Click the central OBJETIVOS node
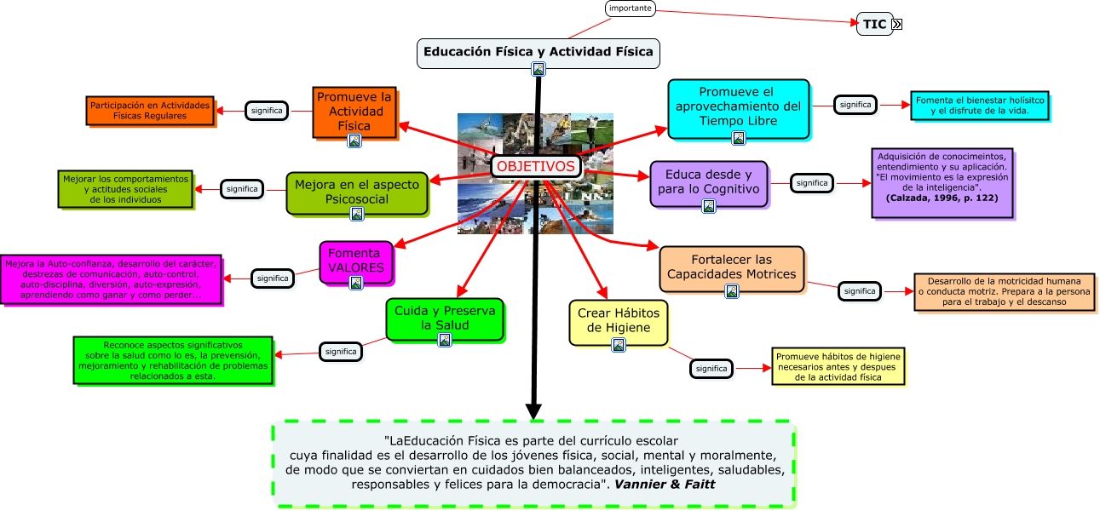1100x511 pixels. (536, 166)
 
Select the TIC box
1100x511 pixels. (874, 24)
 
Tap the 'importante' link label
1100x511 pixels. (631, 9)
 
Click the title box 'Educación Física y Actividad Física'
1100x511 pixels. (538, 51)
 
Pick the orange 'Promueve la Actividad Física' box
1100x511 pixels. (354, 111)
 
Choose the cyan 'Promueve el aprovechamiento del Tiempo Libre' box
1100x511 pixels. (738, 106)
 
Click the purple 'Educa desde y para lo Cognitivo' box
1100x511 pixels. (708, 181)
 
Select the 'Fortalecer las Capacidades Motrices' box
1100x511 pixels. (731, 267)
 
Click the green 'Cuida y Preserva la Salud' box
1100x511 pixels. (444, 318)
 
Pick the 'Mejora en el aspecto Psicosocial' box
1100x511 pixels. (356, 192)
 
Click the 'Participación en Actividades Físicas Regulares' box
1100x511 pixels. (150, 110)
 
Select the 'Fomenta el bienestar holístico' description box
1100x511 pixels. (979, 105)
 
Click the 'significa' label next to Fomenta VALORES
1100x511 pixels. (273, 278)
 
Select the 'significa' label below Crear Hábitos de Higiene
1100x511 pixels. (711, 369)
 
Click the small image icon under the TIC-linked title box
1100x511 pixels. (538, 69)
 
